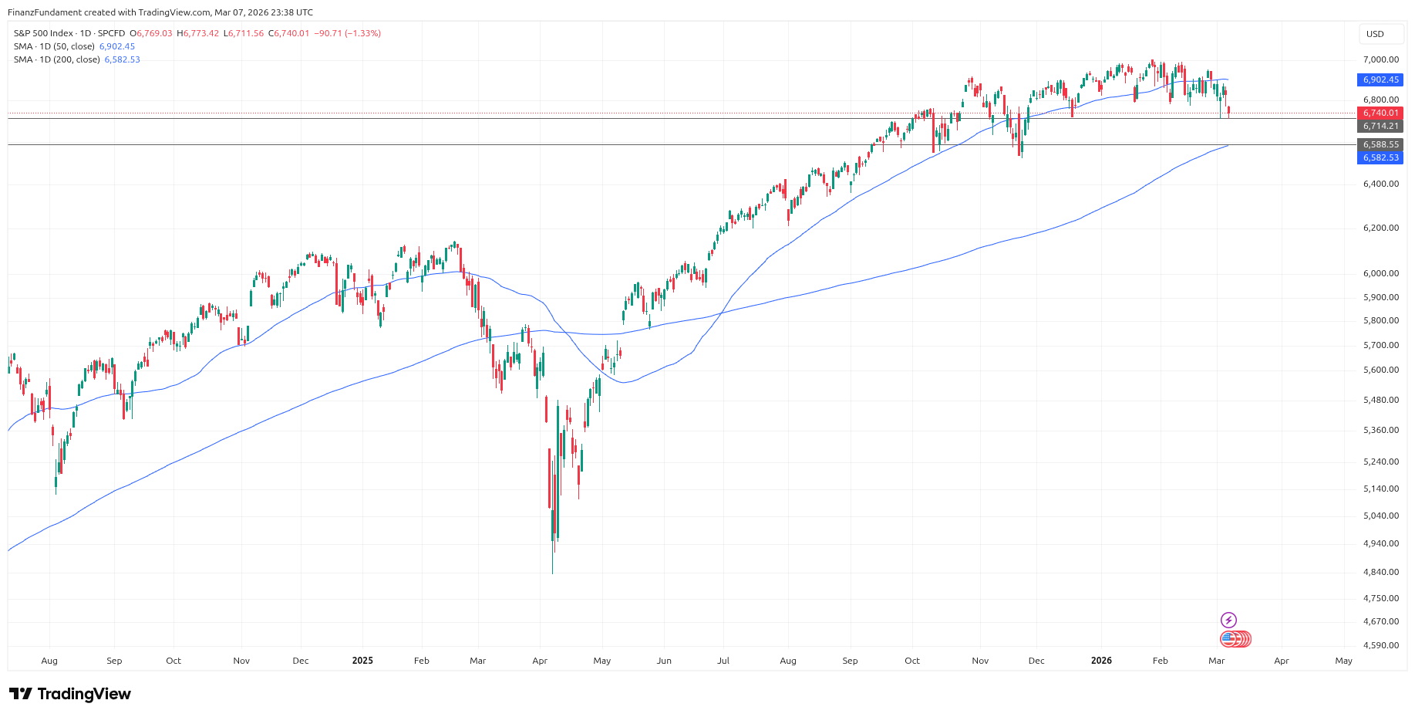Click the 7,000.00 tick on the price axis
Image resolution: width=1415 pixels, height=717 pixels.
[1380, 59]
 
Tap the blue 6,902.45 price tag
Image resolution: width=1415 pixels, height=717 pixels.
[1380, 79]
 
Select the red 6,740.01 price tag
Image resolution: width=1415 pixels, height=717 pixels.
[1380, 113]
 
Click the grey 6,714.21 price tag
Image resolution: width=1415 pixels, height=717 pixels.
[1380, 126]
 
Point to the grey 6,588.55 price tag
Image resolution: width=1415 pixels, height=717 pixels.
[1380, 144]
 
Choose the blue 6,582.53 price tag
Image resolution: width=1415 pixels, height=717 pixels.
[1380, 157]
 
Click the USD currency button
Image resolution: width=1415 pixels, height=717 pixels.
[1375, 34]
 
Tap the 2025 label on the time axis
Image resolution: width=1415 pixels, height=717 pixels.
[362, 661]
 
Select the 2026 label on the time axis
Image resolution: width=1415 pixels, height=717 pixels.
[1101, 661]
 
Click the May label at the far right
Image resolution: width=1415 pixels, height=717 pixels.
[1343, 661]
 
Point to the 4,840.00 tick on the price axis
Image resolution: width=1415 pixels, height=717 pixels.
[1380, 572]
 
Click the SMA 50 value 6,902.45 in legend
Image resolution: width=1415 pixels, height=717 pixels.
[117, 46]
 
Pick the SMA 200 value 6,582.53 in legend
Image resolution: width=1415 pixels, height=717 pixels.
[123, 59]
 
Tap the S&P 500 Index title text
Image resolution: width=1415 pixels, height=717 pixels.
[43, 33]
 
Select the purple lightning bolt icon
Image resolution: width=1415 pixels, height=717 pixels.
[1228, 620]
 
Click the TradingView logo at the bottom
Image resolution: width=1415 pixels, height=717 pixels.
[70, 694]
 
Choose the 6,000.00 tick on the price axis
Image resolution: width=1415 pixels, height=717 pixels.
[1380, 273]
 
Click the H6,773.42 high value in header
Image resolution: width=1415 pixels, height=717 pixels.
[198, 33]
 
